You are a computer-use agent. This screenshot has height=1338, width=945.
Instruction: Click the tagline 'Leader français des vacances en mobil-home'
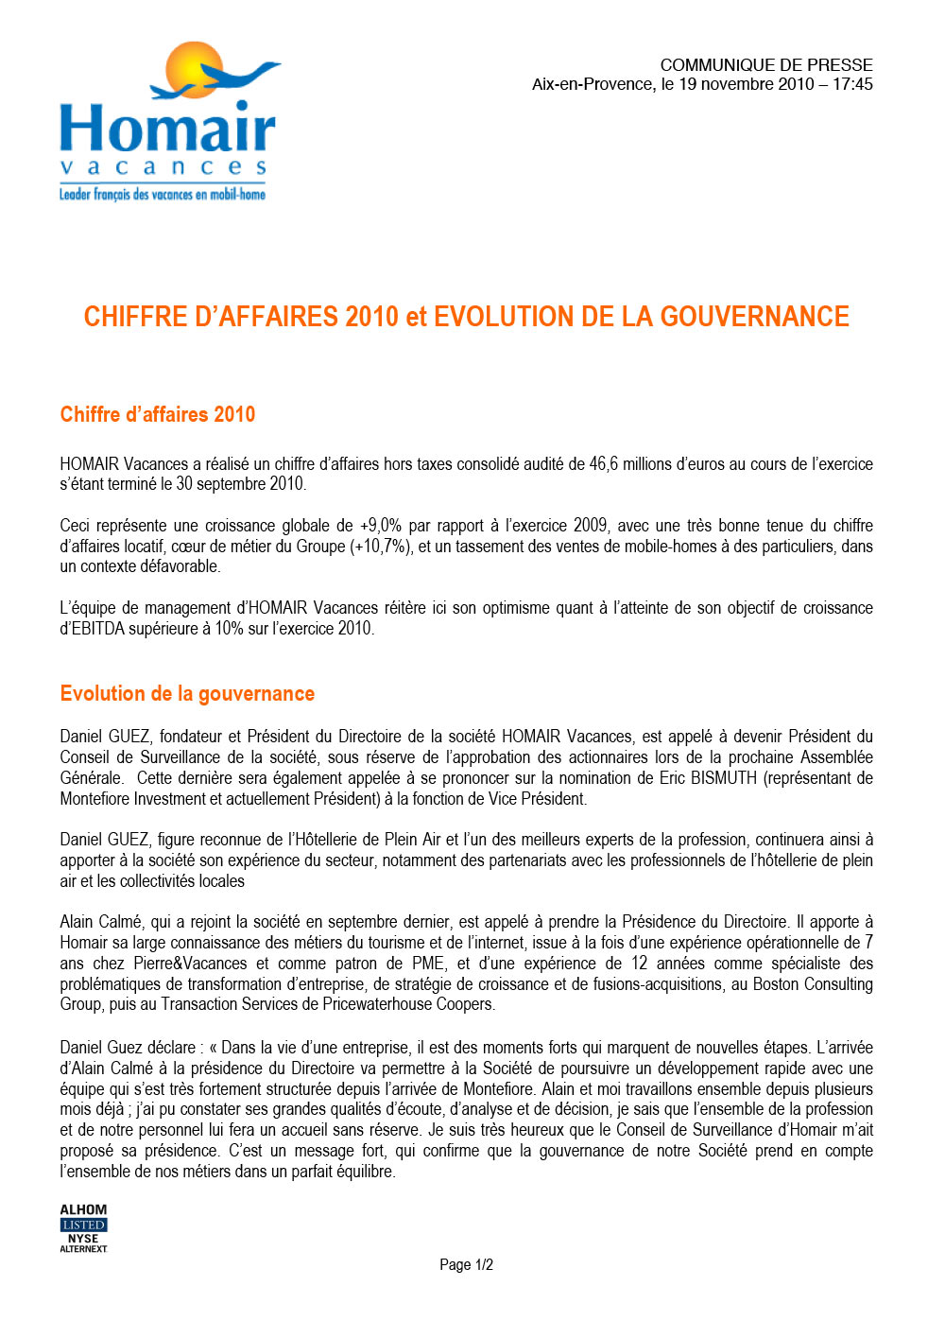click(x=163, y=195)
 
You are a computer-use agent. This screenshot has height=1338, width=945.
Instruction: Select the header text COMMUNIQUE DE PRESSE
click(x=765, y=65)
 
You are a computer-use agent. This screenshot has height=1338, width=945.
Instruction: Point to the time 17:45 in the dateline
click(x=852, y=84)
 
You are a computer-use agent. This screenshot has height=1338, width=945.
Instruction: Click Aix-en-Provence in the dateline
click(x=593, y=84)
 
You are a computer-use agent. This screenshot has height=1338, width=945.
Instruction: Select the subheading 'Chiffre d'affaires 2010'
click(x=158, y=414)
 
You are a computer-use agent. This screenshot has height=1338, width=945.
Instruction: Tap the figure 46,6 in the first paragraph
click(x=604, y=464)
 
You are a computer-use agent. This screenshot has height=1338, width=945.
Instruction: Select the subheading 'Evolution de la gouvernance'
click(x=187, y=693)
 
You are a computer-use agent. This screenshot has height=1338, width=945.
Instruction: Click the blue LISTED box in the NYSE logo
click(x=83, y=1225)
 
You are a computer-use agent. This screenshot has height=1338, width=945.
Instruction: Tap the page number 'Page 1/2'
click(x=466, y=1265)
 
